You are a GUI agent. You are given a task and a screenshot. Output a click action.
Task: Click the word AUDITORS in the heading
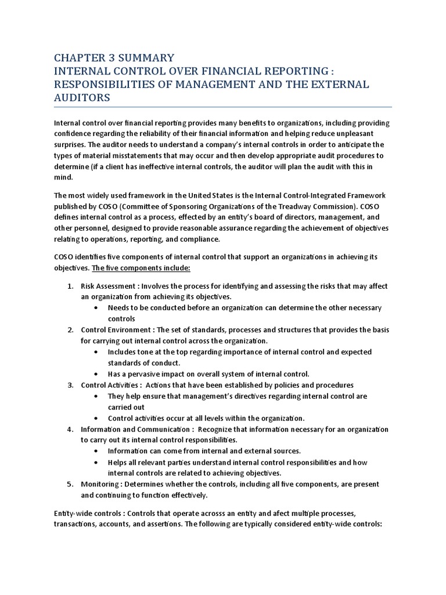pyautogui.click(x=82, y=98)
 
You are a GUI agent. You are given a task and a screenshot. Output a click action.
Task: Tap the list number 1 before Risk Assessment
pyautogui.click(x=70, y=286)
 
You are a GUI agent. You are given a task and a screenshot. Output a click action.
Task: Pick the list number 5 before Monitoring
pyautogui.click(x=70, y=484)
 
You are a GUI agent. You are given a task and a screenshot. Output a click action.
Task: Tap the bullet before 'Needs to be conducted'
pyautogui.click(x=96, y=308)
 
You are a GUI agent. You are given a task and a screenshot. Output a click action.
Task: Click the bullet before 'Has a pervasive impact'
pyautogui.click(x=96, y=374)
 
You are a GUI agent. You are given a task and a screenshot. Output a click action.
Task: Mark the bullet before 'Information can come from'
pyautogui.click(x=96, y=451)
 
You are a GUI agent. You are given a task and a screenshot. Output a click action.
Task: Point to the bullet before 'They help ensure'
pyautogui.click(x=96, y=396)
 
